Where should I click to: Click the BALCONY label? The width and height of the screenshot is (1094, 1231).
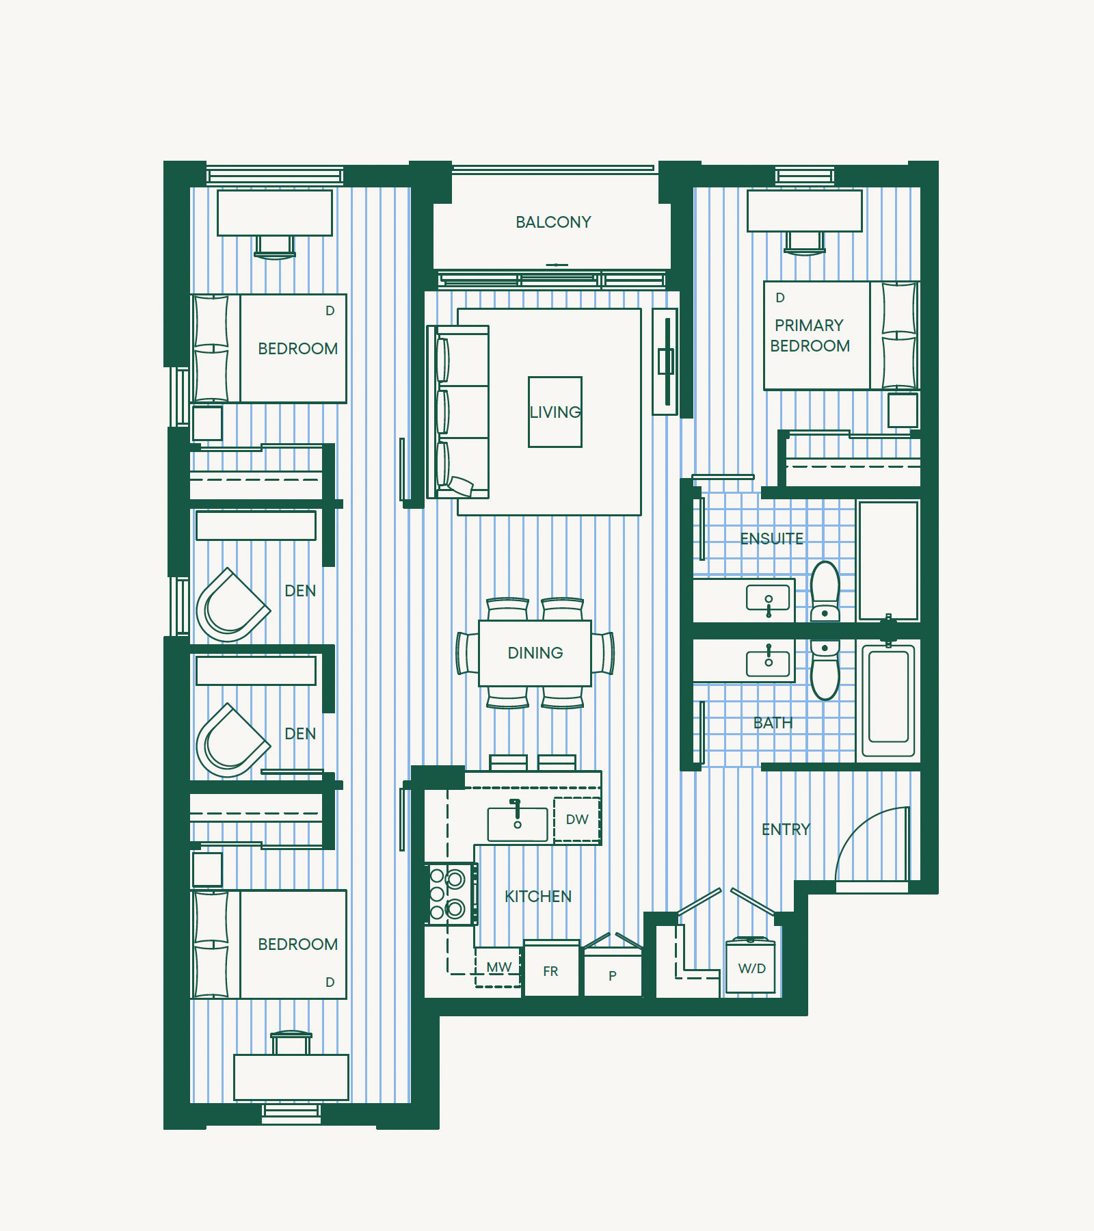pos(553,222)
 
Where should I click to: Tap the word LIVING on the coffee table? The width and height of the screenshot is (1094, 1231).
pos(555,412)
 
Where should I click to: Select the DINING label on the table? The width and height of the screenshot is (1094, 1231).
pos(535,653)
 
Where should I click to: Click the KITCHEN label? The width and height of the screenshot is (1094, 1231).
pos(538,897)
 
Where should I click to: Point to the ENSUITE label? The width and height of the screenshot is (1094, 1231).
pos(772,539)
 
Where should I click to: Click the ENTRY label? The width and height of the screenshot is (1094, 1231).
pos(786,830)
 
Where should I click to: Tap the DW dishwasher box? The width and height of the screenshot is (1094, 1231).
pos(577,819)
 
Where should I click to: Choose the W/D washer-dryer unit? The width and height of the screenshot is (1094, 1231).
pos(751,966)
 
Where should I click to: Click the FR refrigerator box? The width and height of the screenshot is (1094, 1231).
pos(551,968)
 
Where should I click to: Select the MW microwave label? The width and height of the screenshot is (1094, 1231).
pos(499,968)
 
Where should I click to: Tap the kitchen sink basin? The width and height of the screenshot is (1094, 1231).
pos(518,825)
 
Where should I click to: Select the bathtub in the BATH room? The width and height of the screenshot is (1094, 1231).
pos(889,700)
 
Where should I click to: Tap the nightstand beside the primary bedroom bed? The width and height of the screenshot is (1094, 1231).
pos(903,410)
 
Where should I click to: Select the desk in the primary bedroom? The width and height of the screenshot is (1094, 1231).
pos(805,211)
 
